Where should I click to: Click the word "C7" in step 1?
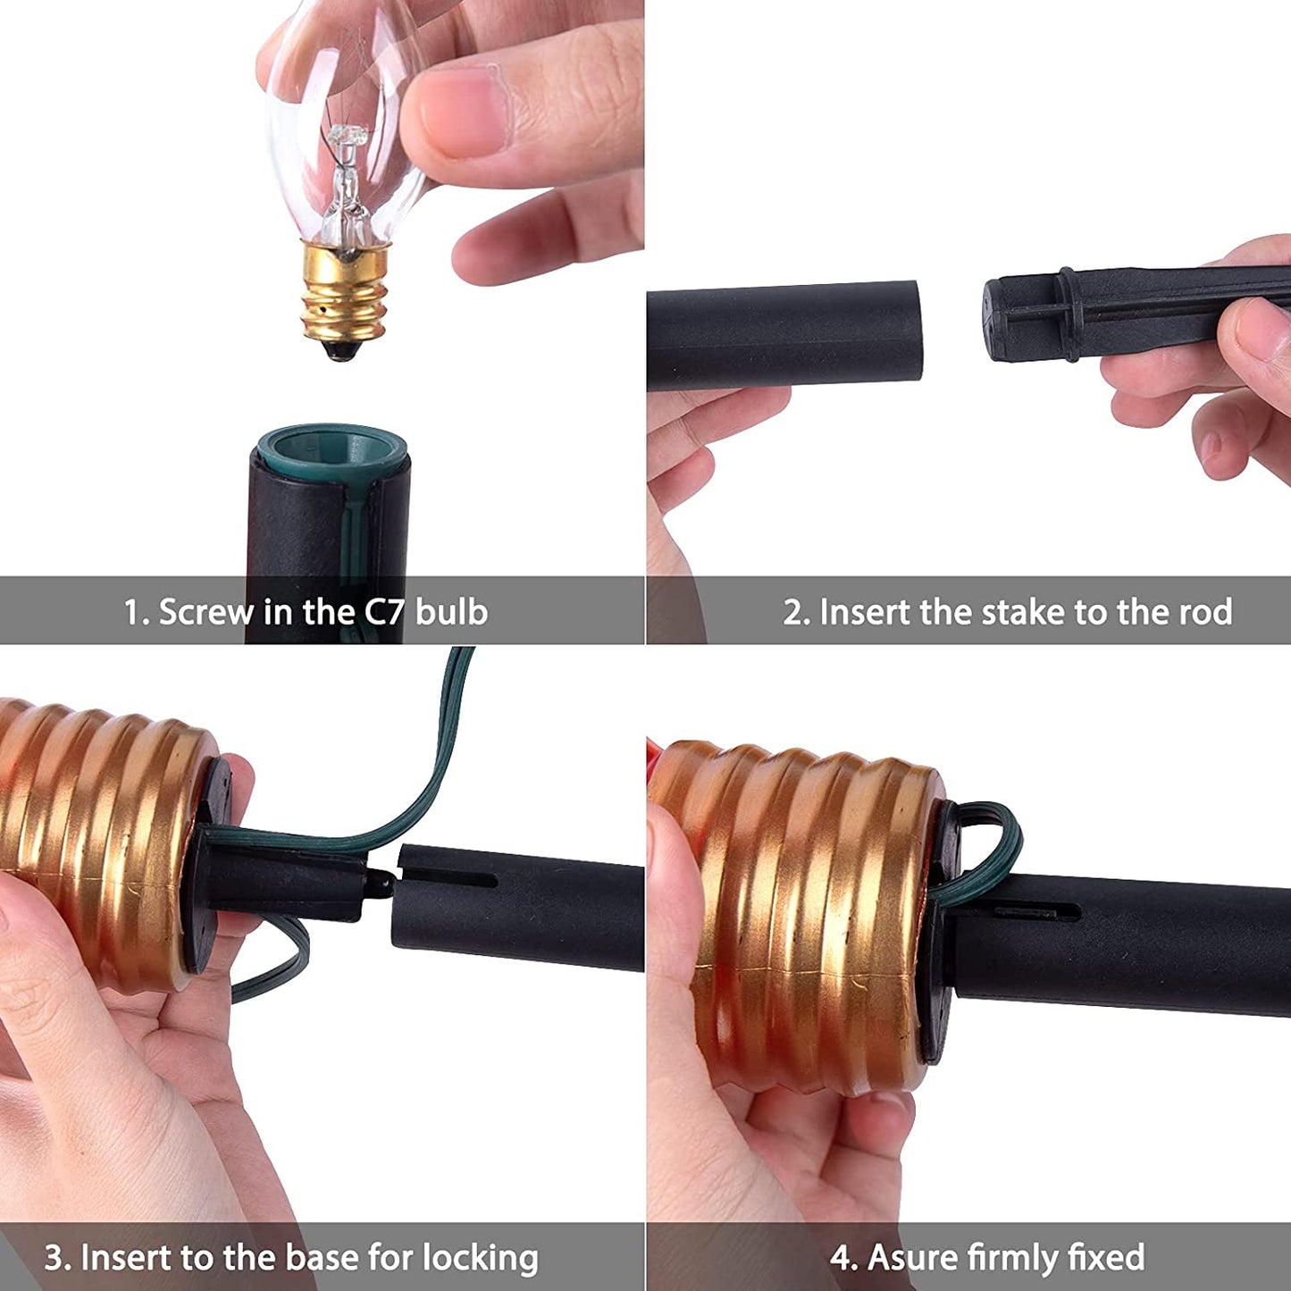385,612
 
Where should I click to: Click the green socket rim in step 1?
331,448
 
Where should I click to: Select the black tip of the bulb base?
342,349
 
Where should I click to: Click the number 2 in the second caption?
793,612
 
